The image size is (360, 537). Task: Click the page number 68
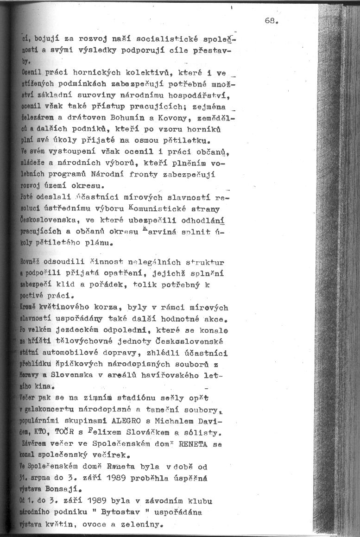[x=271, y=21]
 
